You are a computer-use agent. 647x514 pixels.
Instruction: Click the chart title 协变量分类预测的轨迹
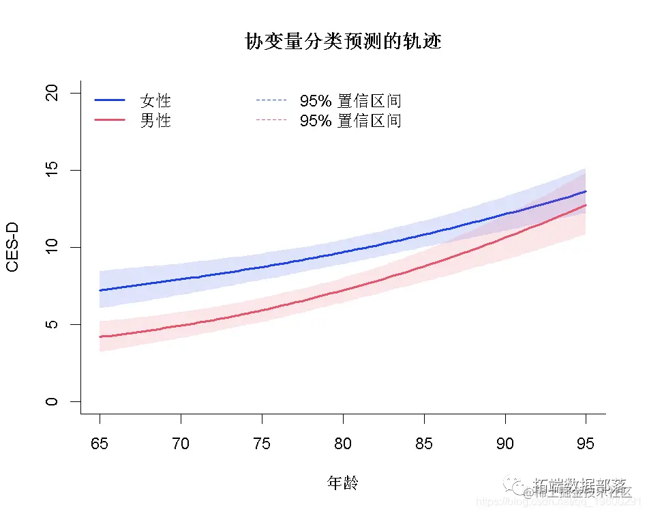click(x=343, y=42)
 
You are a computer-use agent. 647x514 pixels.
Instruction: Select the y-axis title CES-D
click(x=12, y=247)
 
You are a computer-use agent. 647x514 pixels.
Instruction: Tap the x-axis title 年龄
click(x=343, y=483)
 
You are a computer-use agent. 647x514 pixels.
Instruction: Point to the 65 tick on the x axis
click(x=100, y=444)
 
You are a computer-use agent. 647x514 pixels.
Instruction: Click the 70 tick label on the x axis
click(x=181, y=444)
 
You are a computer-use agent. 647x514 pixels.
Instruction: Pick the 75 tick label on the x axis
click(x=262, y=444)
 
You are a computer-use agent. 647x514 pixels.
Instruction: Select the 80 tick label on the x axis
click(x=343, y=444)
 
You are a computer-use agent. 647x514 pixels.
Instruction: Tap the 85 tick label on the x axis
click(x=424, y=444)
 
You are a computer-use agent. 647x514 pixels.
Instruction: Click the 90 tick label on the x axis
click(x=505, y=444)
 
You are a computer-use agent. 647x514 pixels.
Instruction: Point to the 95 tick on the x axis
click(x=586, y=444)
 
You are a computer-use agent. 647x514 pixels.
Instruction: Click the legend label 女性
click(x=155, y=101)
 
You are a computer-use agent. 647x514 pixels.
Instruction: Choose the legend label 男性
click(x=155, y=121)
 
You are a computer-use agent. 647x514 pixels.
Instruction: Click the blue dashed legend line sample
click(x=271, y=101)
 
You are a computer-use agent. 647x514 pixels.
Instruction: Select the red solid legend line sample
click(x=110, y=120)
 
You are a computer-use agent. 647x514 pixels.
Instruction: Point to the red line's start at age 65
click(x=100, y=337)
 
